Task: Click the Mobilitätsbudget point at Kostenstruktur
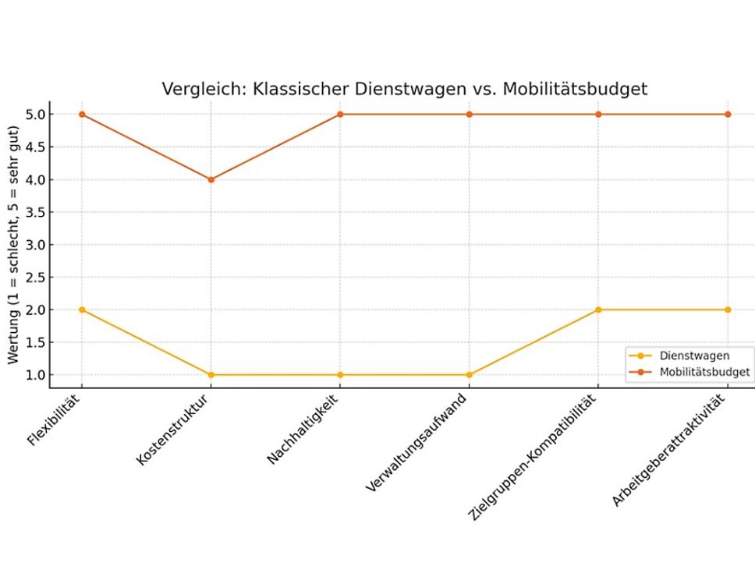pos(211,179)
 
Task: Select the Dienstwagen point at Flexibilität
pos(82,310)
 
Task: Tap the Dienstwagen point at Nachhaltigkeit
pos(340,374)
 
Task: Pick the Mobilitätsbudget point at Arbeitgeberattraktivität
pos(728,115)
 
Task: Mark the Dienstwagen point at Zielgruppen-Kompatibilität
pos(598,310)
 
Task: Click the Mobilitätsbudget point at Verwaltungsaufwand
pos(470,115)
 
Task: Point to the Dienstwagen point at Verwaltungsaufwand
pos(470,374)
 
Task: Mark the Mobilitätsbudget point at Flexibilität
pos(82,115)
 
